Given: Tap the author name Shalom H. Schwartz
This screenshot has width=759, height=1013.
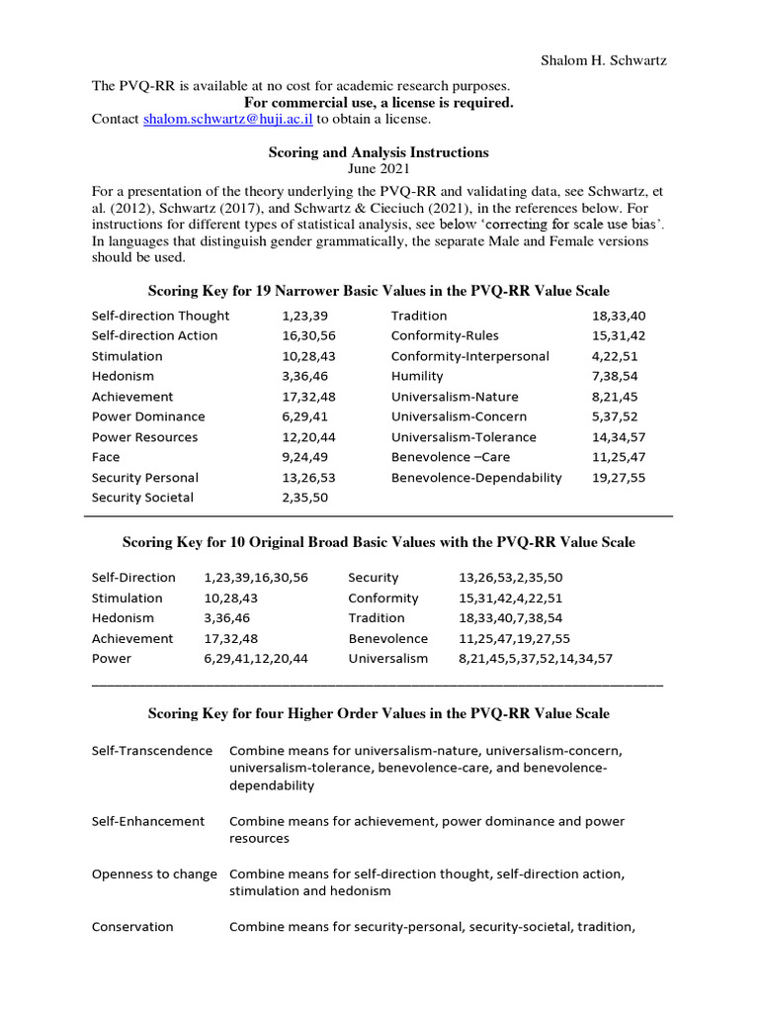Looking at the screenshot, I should [x=603, y=61].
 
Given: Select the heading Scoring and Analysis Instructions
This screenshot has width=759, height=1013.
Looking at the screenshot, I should [x=379, y=152].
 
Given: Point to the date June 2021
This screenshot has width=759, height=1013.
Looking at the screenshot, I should [x=379, y=169].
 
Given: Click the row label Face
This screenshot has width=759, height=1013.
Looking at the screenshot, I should [x=106, y=457].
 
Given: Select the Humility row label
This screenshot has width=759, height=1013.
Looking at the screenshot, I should [x=417, y=376].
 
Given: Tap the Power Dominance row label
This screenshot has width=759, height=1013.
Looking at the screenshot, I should [x=148, y=416].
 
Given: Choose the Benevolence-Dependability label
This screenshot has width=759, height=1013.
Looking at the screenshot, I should [x=476, y=477].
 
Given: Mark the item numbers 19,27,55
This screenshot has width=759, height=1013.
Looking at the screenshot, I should [x=619, y=477].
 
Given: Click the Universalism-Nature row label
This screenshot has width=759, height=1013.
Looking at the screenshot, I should [x=455, y=397].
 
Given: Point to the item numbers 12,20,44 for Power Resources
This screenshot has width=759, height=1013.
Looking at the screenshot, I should [x=309, y=437].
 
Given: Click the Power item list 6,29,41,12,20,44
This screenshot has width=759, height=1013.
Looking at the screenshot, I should [x=256, y=658].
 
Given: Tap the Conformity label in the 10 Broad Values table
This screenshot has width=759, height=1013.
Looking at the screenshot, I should [x=383, y=598].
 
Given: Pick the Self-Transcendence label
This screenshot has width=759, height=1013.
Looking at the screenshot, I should [x=152, y=750].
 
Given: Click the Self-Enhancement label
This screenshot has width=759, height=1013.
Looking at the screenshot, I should [x=148, y=821].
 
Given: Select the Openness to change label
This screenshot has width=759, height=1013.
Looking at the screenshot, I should [x=154, y=874].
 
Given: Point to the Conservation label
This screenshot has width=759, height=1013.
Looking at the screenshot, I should [x=132, y=927].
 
